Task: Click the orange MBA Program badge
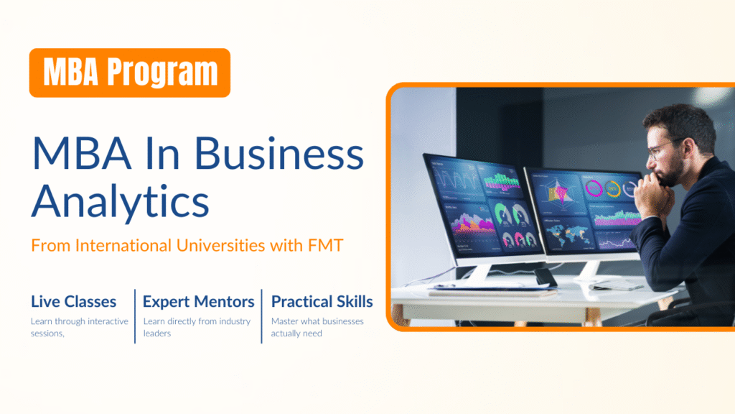pos(130,73)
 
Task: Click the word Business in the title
pos(279,153)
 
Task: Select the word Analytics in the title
pos(120,201)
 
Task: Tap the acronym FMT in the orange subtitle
pos(326,245)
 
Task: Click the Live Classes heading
pos(74,301)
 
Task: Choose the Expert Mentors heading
pos(198,301)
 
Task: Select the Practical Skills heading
pos(322,301)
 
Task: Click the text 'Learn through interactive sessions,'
pos(79,327)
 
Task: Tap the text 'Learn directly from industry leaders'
pos(197,327)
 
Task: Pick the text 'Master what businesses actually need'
pos(317,327)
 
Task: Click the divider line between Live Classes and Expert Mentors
pos(135,316)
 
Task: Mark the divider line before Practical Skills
pos(261,316)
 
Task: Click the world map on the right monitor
pos(568,234)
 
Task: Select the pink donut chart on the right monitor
pos(594,188)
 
